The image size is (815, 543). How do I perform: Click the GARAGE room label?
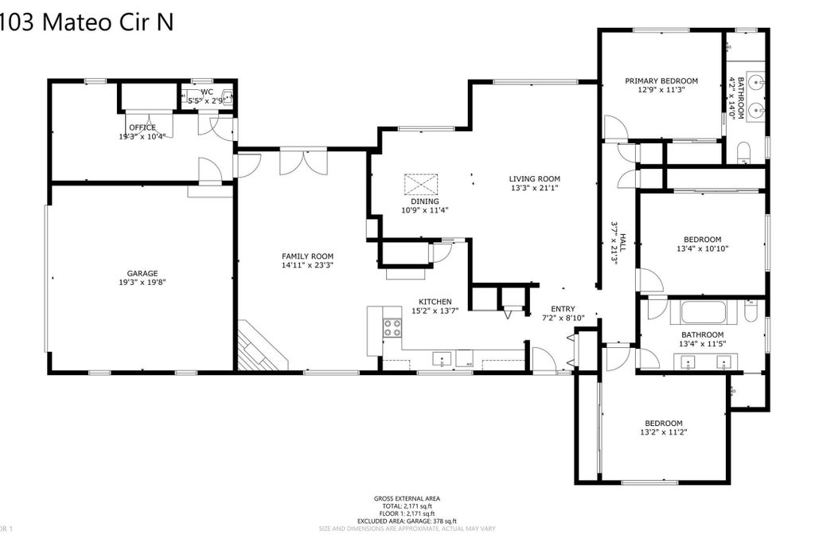tap(142, 273)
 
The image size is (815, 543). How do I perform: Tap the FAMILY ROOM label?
tap(306, 256)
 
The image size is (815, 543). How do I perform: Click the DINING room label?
tap(424, 201)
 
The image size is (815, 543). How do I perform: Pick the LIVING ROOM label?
tap(535, 178)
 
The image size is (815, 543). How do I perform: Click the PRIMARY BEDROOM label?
tap(661, 80)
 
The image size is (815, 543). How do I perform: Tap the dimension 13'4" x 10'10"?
tap(702, 248)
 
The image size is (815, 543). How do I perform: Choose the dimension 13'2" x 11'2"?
tap(663, 432)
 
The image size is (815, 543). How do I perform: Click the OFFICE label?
tap(142, 127)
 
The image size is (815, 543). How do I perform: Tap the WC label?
tap(207, 92)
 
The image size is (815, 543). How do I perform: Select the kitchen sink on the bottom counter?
tap(443, 358)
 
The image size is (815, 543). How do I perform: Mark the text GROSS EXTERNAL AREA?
tap(407, 498)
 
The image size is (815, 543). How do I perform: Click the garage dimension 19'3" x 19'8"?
tap(142, 282)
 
